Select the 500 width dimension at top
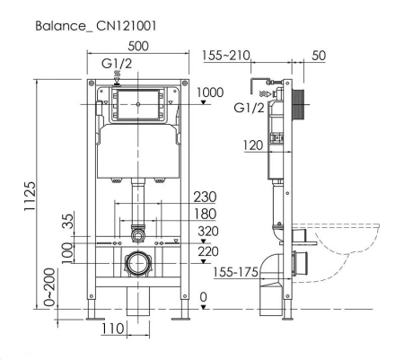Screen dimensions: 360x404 [x=139, y=46]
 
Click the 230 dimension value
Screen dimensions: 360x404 [x=206, y=198]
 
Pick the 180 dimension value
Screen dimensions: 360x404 [x=206, y=213]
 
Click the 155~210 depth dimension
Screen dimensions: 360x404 [x=224, y=56]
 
